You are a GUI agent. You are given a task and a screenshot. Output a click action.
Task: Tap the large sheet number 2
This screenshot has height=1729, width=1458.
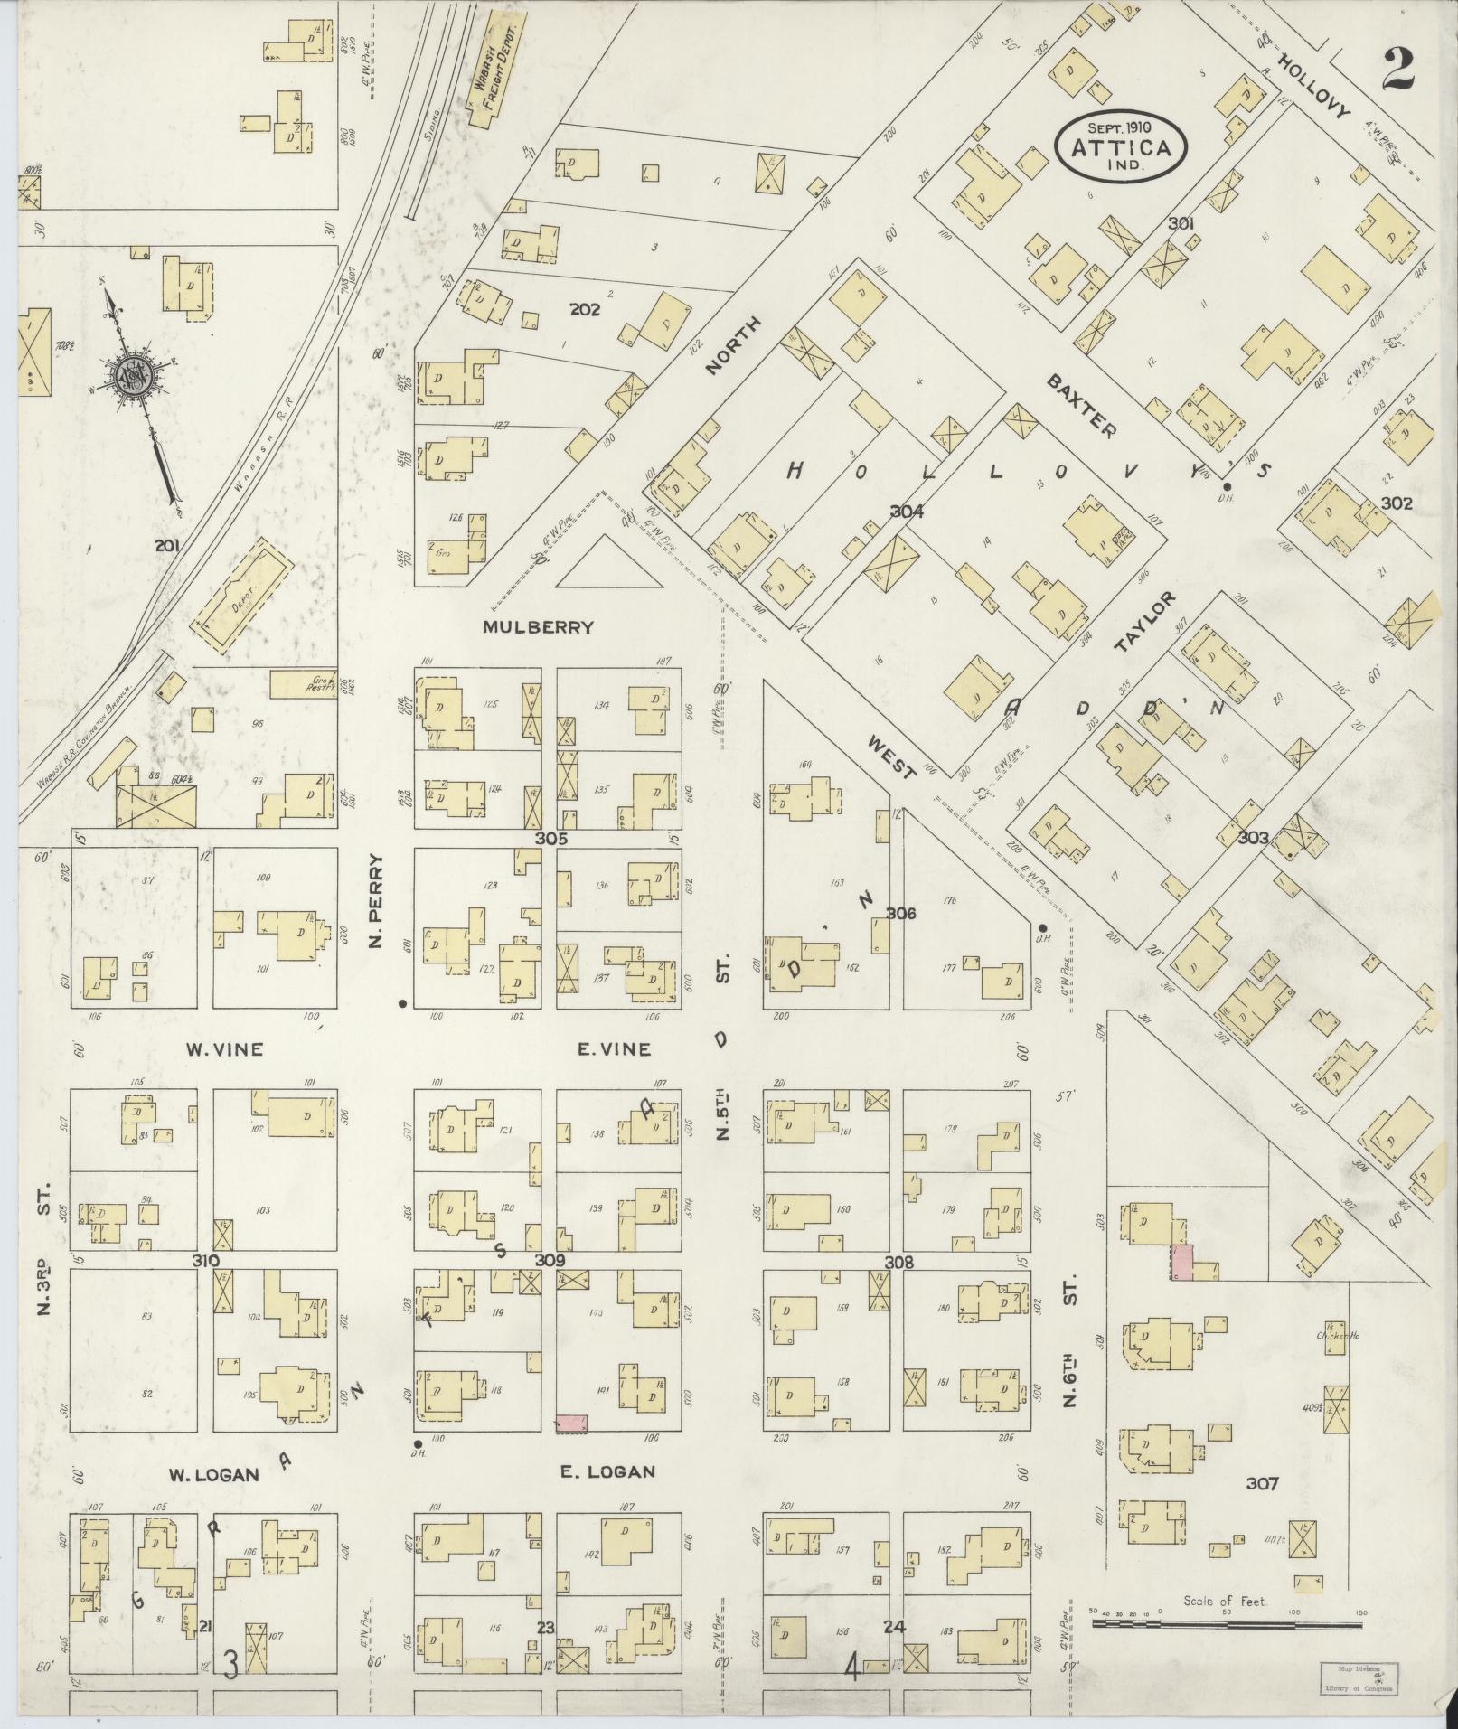(x=1397, y=69)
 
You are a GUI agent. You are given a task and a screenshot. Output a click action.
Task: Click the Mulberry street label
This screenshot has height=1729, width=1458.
(x=539, y=627)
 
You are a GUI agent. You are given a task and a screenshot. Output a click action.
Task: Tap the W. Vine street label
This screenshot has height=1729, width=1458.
(x=224, y=1049)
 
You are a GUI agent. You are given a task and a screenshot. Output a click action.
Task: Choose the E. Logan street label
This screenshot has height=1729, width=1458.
(x=607, y=1471)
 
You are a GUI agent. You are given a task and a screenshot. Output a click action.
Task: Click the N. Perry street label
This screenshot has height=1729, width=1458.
(x=378, y=902)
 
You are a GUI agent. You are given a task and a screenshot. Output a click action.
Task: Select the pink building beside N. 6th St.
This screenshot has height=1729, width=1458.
(x=1181, y=1262)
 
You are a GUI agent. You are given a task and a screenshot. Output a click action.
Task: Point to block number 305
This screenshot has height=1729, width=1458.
(x=550, y=839)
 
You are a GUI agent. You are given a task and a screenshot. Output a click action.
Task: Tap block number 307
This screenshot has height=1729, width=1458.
(x=1262, y=1483)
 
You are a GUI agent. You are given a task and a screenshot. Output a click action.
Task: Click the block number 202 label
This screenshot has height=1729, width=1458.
(x=586, y=309)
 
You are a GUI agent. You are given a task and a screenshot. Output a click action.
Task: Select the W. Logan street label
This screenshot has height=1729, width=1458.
(x=214, y=1474)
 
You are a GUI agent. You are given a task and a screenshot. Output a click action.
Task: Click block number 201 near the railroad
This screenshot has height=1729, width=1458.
(x=168, y=545)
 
